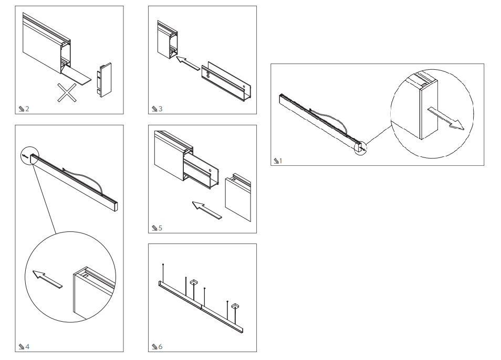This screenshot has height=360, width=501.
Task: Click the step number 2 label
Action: tap(27, 109)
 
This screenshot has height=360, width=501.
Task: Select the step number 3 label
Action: tap(160, 109)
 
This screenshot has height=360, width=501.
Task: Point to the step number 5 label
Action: tap(160, 228)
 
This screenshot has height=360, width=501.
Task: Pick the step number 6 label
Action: tap(160, 347)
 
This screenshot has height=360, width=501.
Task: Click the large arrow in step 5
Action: tap(206, 210)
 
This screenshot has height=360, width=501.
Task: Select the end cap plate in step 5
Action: tap(237, 198)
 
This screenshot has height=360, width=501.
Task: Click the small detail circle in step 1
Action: tap(361, 148)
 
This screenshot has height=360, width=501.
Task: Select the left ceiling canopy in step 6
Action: tap(194, 283)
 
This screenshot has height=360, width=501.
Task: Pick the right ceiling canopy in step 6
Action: tap(235, 305)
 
